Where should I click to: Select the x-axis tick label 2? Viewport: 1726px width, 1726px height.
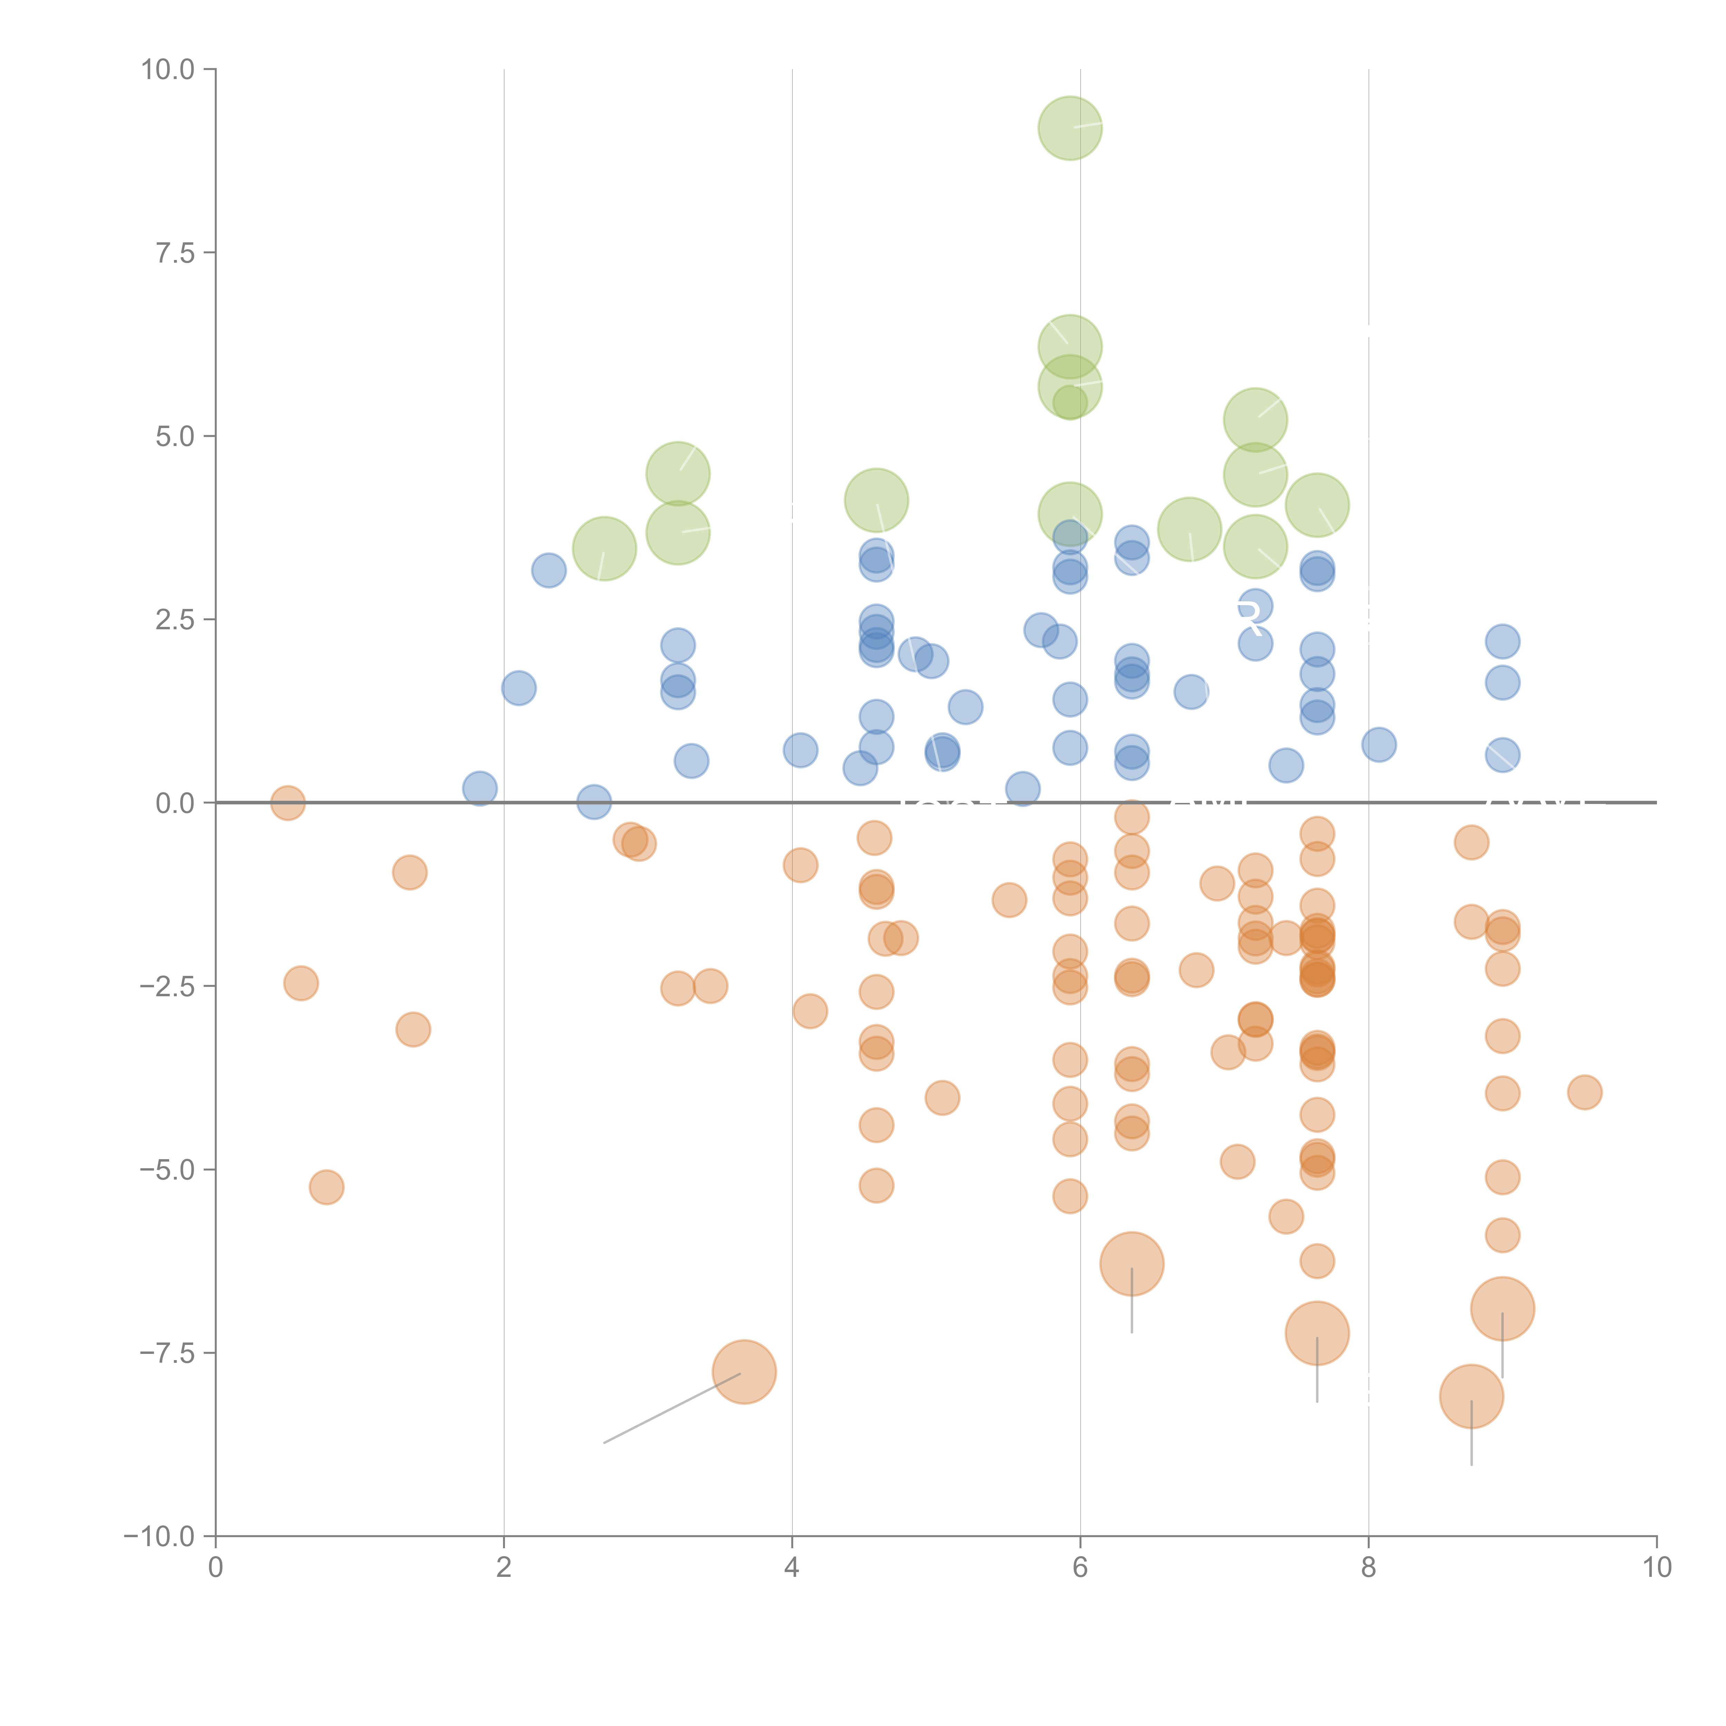504,1568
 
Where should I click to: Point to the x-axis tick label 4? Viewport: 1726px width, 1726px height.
793,1568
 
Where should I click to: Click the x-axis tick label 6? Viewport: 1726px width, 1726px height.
1080,1568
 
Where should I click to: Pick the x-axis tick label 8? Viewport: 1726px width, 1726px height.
1369,1568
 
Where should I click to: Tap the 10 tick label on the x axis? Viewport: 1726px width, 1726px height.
1656,1568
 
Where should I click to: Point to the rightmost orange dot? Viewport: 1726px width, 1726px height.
1584,1092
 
